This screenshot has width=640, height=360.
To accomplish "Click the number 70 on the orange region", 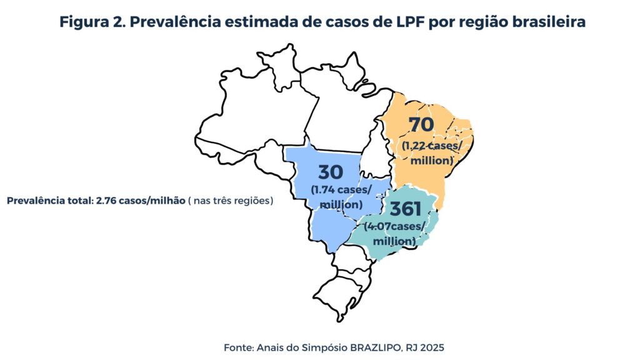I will (x=421, y=125).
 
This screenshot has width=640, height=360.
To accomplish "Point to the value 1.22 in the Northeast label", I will (x=414, y=146).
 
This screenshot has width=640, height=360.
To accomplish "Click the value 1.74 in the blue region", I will (x=324, y=189).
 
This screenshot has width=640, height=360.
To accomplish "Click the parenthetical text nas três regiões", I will (x=232, y=201).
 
